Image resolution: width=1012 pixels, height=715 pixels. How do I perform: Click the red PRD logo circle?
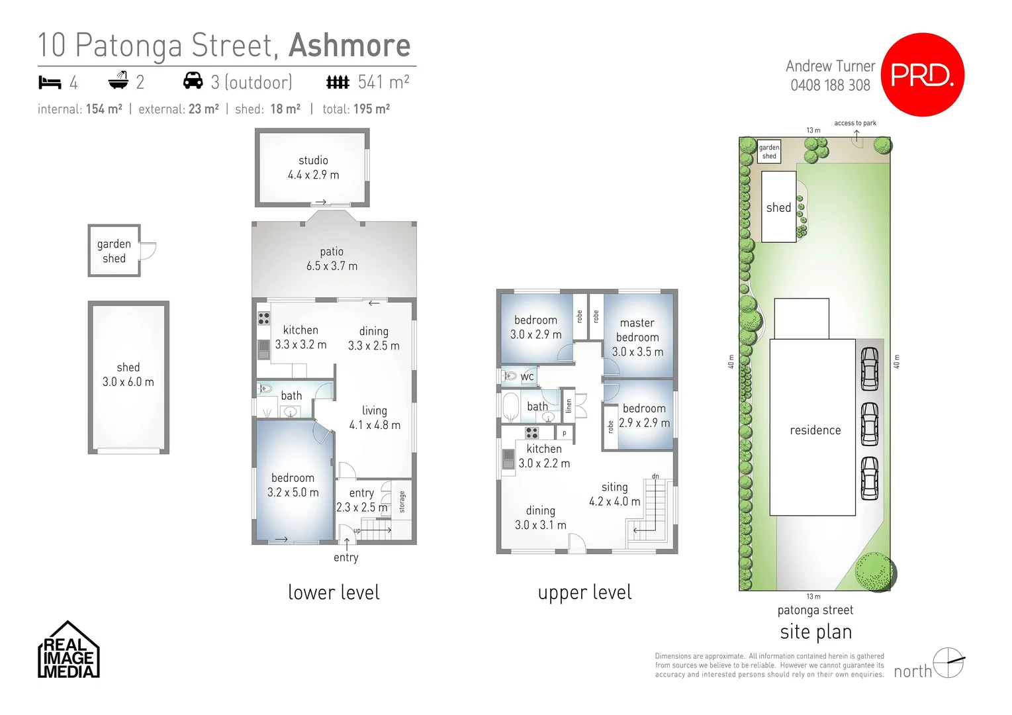(x=923, y=74)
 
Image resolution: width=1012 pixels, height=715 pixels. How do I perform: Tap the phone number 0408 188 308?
(x=830, y=85)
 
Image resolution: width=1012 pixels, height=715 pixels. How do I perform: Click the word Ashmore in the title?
(x=349, y=45)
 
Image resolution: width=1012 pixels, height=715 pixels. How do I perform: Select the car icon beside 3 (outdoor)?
(x=193, y=81)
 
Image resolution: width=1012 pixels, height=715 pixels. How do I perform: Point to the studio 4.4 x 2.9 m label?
(x=313, y=167)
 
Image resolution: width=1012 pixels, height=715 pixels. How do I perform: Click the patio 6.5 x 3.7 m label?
(x=332, y=259)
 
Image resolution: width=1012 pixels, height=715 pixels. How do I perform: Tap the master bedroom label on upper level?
(x=637, y=337)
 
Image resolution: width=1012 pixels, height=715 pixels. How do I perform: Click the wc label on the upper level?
(x=527, y=377)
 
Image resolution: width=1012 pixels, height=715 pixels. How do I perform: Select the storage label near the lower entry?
(x=402, y=501)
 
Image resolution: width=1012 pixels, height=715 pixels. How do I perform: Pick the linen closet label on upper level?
(x=568, y=406)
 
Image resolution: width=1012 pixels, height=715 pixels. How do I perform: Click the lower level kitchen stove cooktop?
(x=263, y=318)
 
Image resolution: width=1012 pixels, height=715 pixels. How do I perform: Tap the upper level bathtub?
(x=510, y=407)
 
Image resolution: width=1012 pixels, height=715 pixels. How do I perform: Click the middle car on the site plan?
(x=869, y=424)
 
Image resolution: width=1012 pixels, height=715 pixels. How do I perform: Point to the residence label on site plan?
(x=815, y=430)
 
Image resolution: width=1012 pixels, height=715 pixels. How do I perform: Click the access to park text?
(x=854, y=123)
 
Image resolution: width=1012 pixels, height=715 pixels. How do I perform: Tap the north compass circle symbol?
(x=948, y=662)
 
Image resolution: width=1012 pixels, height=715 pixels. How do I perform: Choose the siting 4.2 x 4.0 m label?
(x=614, y=494)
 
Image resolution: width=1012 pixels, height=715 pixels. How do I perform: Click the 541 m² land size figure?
(x=383, y=82)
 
